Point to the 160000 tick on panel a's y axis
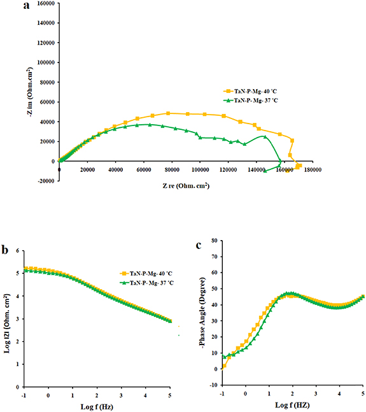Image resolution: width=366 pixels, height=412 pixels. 43,4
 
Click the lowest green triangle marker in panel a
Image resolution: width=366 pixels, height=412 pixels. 265,171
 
